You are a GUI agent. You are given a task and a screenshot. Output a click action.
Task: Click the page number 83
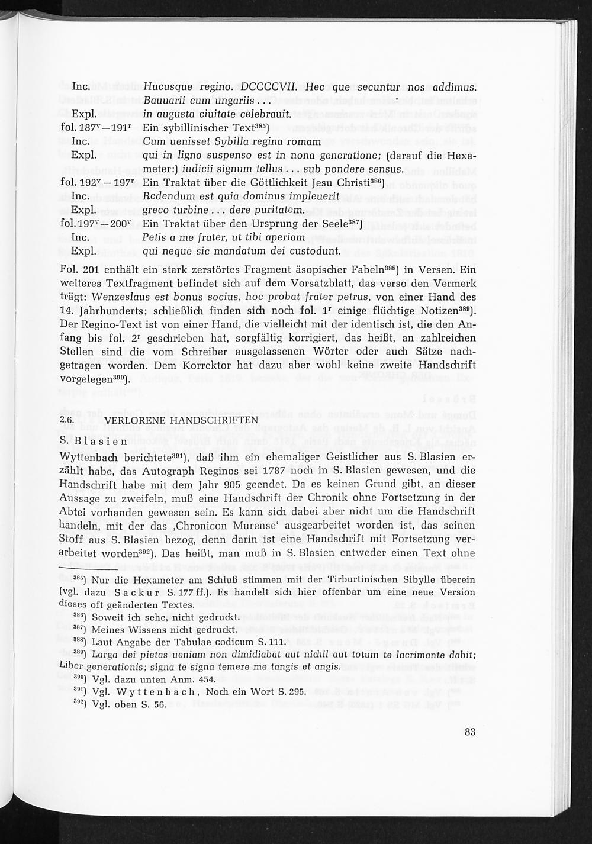pos(470,732)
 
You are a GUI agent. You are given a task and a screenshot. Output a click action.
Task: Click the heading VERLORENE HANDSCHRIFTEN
pos(181,420)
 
